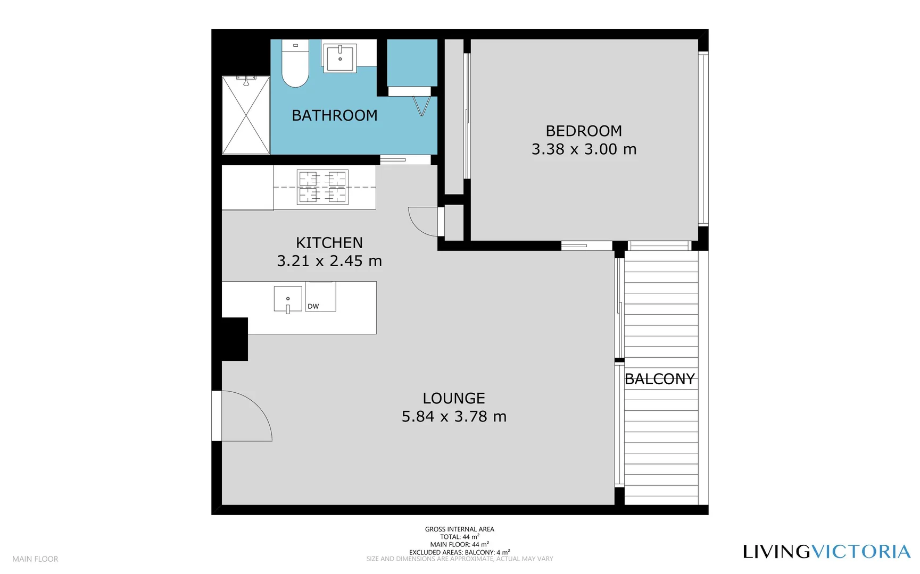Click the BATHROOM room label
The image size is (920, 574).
(334, 115)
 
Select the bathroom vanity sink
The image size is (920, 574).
(339, 58)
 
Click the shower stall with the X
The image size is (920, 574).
(246, 116)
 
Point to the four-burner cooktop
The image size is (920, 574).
(322, 187)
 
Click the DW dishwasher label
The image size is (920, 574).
(313, 306)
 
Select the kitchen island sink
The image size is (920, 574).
(288, 299)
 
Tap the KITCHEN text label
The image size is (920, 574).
(329, 243)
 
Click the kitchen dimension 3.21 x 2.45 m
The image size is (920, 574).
(329, 261)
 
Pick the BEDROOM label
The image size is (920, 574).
(584, 131)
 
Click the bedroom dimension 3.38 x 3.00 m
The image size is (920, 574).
(584, 149)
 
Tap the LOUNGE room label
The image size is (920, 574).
(454, 398)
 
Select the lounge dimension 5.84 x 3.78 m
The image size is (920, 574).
(454, 417)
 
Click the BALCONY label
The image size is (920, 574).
(660, 379)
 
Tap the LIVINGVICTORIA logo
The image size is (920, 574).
(826, 552)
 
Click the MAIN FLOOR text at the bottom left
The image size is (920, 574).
(35, 559)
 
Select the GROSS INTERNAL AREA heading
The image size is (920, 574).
(459, 529)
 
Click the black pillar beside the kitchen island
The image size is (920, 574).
(234, 339)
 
